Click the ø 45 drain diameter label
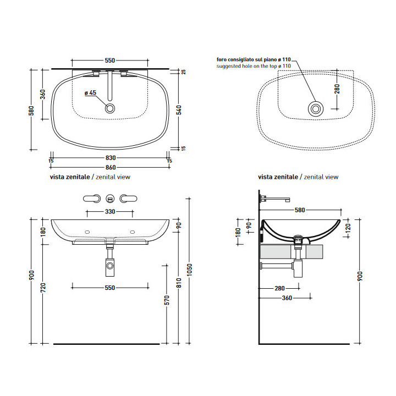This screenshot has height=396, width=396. pyautogui.click(x=90, y=93)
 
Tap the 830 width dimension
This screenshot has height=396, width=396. pyautogui.click(x=111, y=158)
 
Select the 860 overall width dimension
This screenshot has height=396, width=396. pyautogui.click(x=111, y=167)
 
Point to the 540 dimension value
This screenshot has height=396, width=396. pyautogui.click(x=179, y=110)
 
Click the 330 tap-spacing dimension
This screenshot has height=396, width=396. pyautogui.click(x=110, y=211)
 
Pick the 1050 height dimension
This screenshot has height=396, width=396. pyautogui.click(x=189, y=269)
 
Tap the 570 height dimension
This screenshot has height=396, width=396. pyautogui.click(x=167, y=300)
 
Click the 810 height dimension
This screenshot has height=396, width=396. pyautogui.click(x=179, y=283)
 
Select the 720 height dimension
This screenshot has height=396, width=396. pyautogui.click(x=43, y=288)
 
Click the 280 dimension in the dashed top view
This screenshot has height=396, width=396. pyautogui.click(x=337, y=89)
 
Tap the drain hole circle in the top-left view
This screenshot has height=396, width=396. pyautogui.click(x=110, y=108)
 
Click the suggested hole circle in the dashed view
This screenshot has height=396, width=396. pyautogui.click(x=316, y=109)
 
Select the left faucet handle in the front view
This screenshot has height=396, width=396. pyautogui.click(x=92, y=199)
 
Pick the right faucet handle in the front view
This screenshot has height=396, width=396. pyautogui.click(x=128, y=199)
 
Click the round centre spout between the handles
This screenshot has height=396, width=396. pyautogui.click(x=110, y=199)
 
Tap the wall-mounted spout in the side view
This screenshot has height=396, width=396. pyautogui.click(x=275, y=199)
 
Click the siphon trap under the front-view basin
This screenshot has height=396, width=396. pyautogui.click(x=110, y=263)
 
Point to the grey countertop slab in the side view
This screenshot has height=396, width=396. pyautogui.click(x=291, y=251)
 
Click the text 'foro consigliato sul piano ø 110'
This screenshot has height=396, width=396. pyautogui.click(x=254, y=59)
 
